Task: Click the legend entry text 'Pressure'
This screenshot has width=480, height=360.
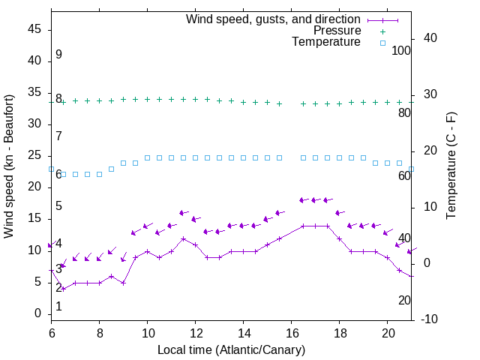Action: pos(337,31)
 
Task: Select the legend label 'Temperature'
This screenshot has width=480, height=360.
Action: pos(326,42)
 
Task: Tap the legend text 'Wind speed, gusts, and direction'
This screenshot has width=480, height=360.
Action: pos(274,19)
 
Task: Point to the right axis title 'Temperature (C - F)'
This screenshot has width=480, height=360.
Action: pos(451,166)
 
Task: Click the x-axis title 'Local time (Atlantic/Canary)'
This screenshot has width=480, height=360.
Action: pos(231,349)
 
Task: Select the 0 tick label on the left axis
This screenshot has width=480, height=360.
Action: pos(37,313)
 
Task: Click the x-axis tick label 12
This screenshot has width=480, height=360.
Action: pos(195,331)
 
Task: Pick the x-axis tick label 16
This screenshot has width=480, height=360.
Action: pos(291,331)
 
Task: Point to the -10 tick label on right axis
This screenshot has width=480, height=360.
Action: pos(429,319)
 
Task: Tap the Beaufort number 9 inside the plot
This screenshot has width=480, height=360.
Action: pos(58,55)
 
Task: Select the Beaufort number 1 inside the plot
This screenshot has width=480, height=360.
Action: pos(58,307)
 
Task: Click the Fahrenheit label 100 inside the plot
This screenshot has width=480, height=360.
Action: pos(401,51)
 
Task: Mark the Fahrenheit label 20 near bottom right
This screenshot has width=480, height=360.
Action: pos(404,300)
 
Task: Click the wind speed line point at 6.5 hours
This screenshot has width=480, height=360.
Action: pos(64,289)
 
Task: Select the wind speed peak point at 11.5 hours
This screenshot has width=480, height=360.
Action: pos(183,238)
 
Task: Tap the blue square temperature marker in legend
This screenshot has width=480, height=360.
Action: pos(382,43)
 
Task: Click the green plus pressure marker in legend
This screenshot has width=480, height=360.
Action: pos(382,31)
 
